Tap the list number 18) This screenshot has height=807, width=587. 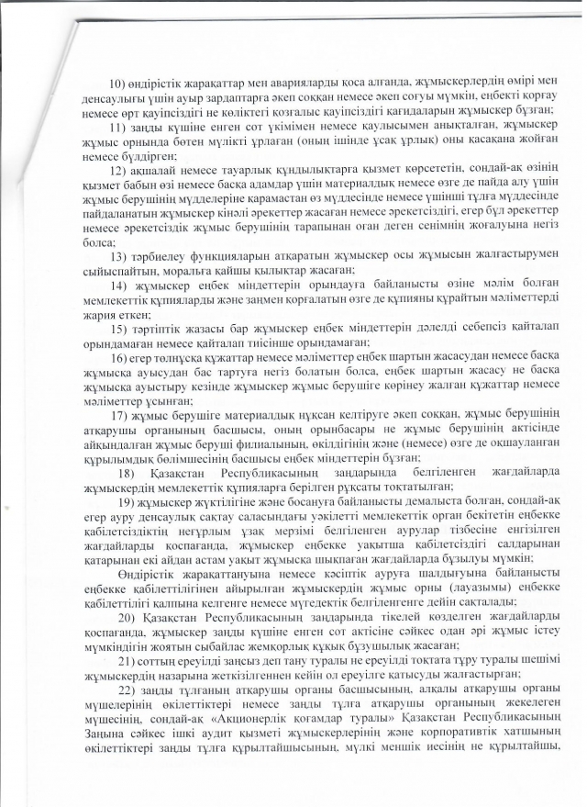click(x=128, y=471)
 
